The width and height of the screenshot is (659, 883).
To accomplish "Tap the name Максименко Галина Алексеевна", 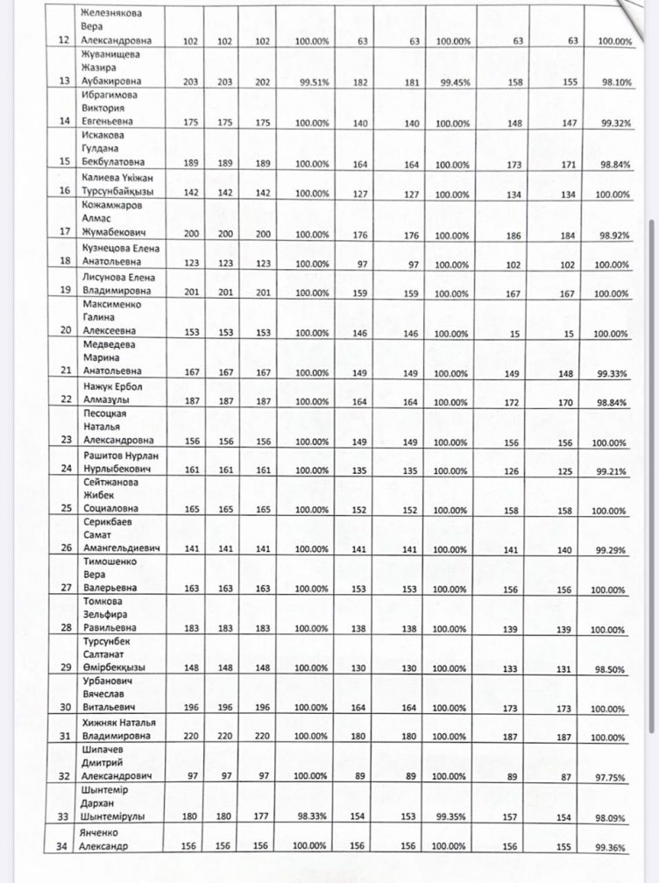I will click(114, 319).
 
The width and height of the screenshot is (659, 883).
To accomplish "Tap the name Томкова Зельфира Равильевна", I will click(114, 615).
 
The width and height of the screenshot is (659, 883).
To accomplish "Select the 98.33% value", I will click(312, 816).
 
